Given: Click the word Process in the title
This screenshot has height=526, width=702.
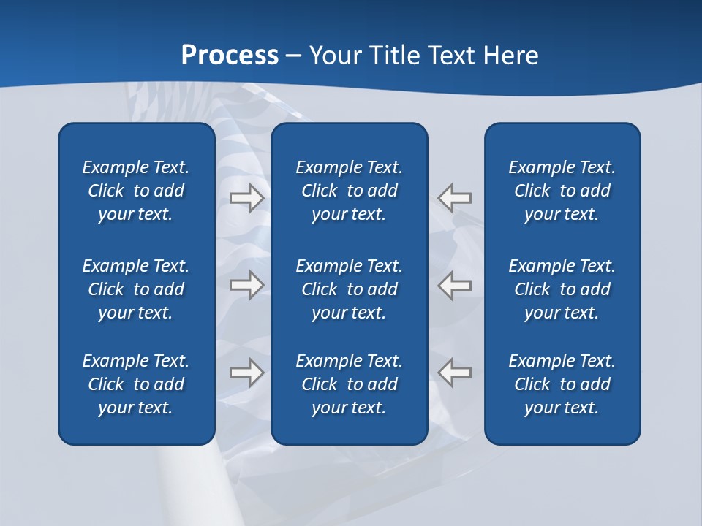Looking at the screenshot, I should click(x=230, y=56).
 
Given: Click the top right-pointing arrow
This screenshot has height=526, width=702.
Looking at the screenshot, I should click(x=247, y=197).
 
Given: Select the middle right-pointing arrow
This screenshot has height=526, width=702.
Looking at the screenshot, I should click(x=247, y=284).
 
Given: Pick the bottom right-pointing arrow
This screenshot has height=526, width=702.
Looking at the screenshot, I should click(x=247, y=372).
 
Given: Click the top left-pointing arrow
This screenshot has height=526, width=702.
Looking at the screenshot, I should click(x=454, y=197).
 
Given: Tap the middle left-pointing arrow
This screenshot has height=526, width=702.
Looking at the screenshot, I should click(x=454, y=284).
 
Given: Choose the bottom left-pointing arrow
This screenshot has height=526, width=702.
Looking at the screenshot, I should click(x=454, y=372).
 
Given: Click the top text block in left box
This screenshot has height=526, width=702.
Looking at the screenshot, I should click(x=136, y=191).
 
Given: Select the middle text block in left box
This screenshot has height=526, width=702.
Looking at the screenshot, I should click(x=136, y=289).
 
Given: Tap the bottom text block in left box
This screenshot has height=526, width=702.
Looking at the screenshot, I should click(x=136, y=384).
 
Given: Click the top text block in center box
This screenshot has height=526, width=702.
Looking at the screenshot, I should click(x=349, y=191).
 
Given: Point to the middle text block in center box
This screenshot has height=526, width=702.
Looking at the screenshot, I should click(x=349, y=289).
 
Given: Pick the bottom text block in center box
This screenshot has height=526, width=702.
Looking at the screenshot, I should click(x=349, y=384).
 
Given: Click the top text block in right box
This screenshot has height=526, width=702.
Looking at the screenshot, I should click(x=562, y=191).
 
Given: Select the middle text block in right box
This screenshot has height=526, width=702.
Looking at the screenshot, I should click(x=562, y=289).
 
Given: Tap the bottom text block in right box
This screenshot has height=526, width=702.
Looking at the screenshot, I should click(x=562, y=384).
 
